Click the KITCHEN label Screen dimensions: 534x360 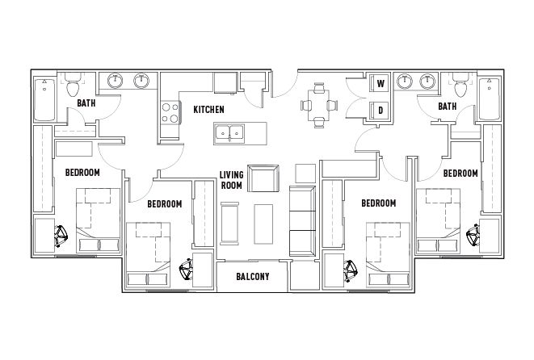click(208, 110)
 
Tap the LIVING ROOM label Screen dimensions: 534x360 click(231, 180)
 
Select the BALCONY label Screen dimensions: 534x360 click(253, 276)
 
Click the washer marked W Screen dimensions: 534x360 click(381, 83)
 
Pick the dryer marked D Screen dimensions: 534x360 click(381, 110)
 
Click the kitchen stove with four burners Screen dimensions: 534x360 click(170, 113)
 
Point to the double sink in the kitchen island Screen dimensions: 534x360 click(229, 132)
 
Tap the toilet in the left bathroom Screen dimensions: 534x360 click(72, 85)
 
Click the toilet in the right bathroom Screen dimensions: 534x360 click(460, 85)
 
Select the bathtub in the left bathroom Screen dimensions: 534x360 click(44, 99)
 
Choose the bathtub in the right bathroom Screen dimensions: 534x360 click(489, 98)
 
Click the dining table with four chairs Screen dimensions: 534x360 click(319, 105)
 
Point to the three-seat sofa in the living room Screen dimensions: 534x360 click(302, 221)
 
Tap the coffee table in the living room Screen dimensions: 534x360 click(263, 224)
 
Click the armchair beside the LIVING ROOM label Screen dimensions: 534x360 click(263, 178)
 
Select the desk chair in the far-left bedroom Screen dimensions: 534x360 click(61, 236)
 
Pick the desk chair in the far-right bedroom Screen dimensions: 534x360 click(473, 235)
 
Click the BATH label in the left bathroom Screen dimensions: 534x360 click(86, 103)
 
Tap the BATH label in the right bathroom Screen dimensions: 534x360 click(448, 107)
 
